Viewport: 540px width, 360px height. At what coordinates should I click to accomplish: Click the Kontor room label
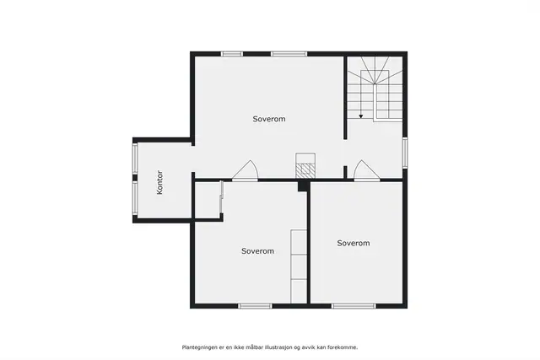tap(159, 182)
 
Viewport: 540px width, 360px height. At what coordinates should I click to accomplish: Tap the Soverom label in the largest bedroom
tap(269, 119)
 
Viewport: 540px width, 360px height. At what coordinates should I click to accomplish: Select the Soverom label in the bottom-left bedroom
tap(257, 251)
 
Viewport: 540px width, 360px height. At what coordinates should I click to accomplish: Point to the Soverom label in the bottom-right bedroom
tap(354, 244)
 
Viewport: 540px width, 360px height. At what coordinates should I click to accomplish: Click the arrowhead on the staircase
tap(361, 116)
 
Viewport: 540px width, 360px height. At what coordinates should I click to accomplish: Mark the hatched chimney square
tap(305, 170)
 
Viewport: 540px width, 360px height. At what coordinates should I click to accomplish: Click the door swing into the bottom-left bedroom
tap(245, 170)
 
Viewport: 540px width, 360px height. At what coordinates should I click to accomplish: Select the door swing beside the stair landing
tap(367, 170)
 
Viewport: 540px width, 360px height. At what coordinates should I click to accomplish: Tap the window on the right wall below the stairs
tap(405, 153)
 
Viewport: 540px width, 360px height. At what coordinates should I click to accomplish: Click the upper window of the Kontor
tap(135, 159)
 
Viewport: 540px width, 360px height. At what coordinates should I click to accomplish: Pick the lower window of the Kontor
tap(135, 198)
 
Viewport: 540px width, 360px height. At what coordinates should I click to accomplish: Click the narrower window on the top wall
tap(232, 54)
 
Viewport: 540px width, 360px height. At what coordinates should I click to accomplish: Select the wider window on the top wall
tap(289, 54)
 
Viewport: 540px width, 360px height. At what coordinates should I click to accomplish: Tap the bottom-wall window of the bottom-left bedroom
tap(255, 306)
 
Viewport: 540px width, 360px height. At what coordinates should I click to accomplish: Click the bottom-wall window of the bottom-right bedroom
tap(354, 306)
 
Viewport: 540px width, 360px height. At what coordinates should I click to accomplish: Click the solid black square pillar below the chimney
tap(303, 185)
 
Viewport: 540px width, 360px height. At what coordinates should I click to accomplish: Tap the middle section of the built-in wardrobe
tap(299, 267)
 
